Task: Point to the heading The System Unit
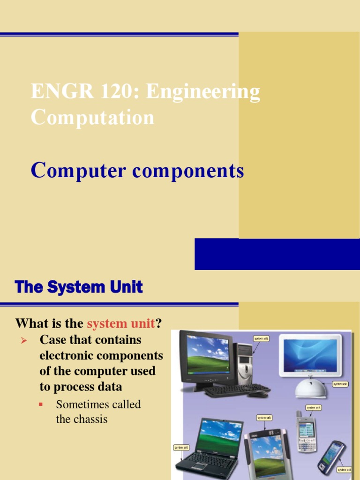click(x=79, y=287)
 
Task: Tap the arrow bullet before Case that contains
click(x=26, y=339)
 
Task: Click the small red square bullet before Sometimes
click(x=41, y=404)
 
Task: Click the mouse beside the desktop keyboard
click(x=258, y=394)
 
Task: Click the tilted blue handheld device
click(x=332, y=457)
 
